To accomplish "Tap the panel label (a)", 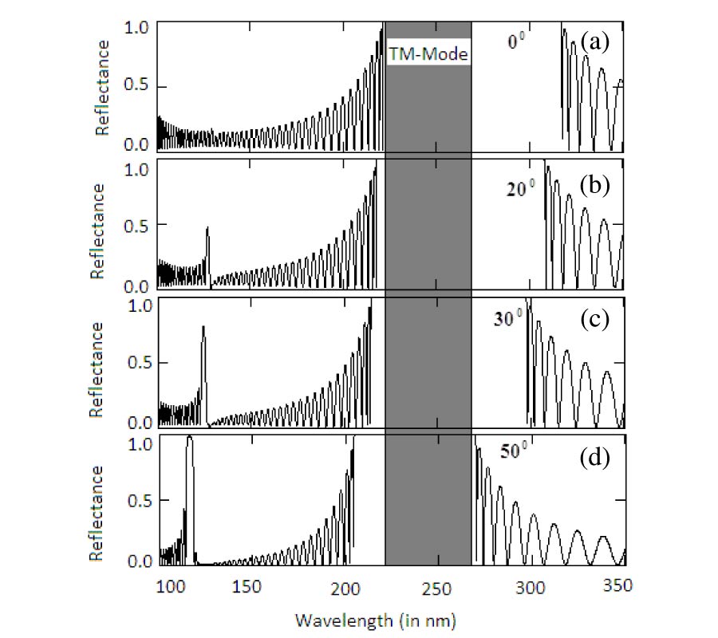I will (x=595, y=41).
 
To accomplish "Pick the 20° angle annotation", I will (x=519, y=189).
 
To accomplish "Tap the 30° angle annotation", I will (x=507, y=317).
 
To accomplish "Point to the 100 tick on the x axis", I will (x=169, y=586).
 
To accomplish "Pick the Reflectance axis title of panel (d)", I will (x=97, y=514).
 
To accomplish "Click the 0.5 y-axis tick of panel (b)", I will (x=138, y=230).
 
